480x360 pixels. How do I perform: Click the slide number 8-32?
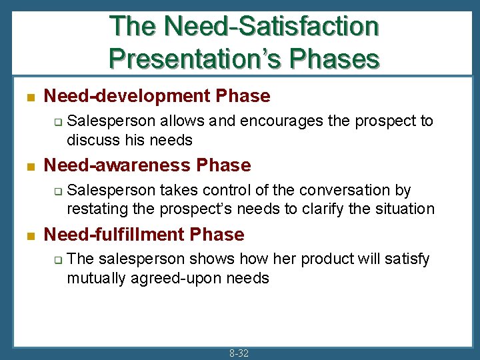point(239,353)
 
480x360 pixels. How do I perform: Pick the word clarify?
point(323,209)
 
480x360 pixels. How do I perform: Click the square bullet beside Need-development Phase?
point(29,97)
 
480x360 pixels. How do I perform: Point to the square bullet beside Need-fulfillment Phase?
point(29,235)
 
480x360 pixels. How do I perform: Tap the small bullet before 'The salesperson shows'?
point(58,260)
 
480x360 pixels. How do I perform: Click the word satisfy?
point(407,259)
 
